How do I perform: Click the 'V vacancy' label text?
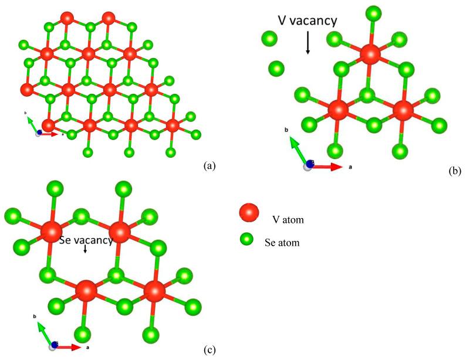click(x=308, y=21)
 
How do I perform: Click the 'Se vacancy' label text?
click(x=86, y=239)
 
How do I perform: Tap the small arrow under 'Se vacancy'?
click(x=86, y=249)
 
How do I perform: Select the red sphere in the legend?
click(x=248, y=213)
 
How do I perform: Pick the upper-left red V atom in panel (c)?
click(x=51, y=230)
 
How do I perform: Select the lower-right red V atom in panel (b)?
click(x=402, y=110)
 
